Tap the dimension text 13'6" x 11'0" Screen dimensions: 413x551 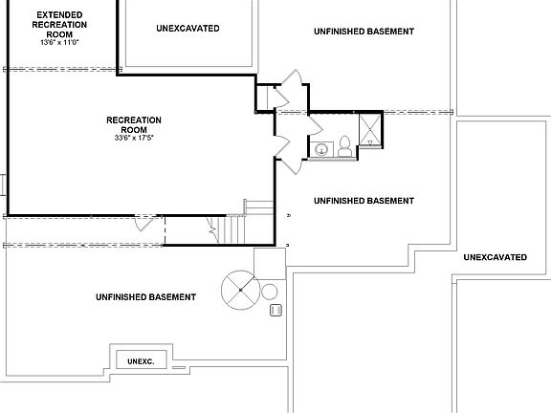click(59, 43)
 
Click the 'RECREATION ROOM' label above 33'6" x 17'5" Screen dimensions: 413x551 click(133, 124)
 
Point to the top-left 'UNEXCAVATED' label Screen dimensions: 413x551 click(187, 29)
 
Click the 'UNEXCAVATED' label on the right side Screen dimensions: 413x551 click(495, 258)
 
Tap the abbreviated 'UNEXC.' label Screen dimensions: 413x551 click(141, 361)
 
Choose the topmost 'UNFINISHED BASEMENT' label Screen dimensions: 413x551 click(364, 32)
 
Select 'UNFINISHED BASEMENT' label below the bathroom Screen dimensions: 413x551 click(364, 201)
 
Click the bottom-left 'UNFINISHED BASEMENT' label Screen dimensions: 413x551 click(145, 297)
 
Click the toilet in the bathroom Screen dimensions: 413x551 click(344, 146)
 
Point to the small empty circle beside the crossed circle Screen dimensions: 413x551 click(270, 292)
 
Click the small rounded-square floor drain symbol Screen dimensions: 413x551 click(275, 310)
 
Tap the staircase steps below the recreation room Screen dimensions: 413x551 click(230, 229)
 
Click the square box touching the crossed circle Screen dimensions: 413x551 click(267, 262)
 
